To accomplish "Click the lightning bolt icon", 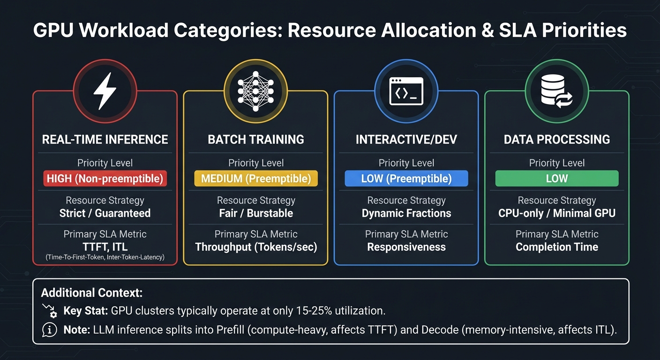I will click(105, 91).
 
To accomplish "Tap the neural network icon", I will click(255, 91).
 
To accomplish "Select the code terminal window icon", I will click(406, 91).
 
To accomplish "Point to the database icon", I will click(556, 91).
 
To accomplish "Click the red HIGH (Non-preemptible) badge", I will click(105, 179).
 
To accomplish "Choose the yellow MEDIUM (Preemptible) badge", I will click(256, 179).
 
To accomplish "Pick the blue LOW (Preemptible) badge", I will click(406, 179).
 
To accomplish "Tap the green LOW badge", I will click(557, 179).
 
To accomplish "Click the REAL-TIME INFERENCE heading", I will click(105, 140).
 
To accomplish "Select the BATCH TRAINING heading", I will click(256, 140).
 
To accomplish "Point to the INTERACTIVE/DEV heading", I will click(406, 140).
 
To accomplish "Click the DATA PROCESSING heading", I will click(557, 140).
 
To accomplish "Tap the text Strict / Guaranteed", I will click(105, 213).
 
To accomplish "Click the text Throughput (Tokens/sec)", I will click(256, 247).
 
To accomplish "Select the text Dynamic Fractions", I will click(406, 213).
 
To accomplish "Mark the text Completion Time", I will click(557, 247).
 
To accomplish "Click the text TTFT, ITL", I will click(105, 247).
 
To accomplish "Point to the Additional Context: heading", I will click(91, 293).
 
